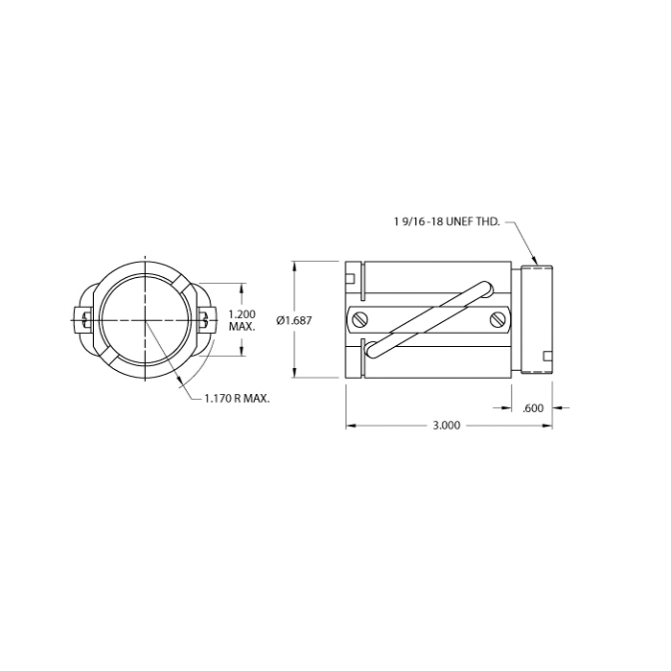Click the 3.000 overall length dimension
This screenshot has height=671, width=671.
pos(447,426)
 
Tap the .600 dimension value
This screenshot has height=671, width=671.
pos(533,408)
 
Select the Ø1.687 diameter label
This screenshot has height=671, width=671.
pos(294,320)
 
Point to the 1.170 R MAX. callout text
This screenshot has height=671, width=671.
pos(237,400)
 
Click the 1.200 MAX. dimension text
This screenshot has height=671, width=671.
pos(243,320)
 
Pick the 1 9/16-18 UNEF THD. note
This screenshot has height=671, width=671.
pos(447,221)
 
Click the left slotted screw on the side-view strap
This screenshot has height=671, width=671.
pos(360,319)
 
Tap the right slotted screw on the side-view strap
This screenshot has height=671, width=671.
pos(497,319)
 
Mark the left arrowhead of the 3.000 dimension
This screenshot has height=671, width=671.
pos(351,426)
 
